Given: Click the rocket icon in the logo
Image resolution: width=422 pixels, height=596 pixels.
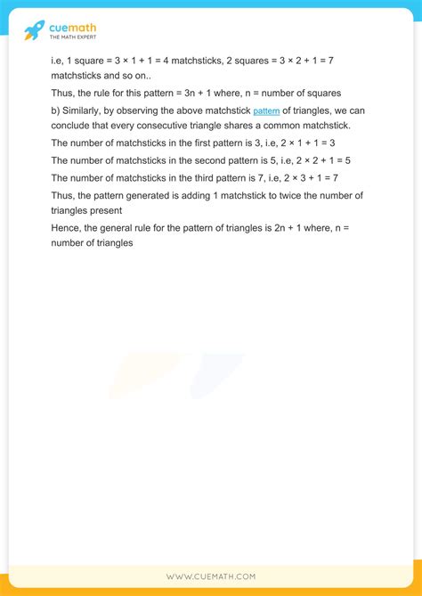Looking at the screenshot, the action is [x=34, y=30].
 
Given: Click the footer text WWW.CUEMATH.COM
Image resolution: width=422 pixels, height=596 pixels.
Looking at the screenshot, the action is [x=211, y=577].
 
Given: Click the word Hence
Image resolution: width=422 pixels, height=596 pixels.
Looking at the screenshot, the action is [x=69, y=228].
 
